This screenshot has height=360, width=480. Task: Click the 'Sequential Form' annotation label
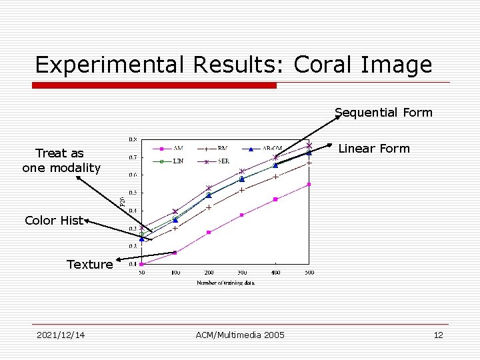coord(383,113)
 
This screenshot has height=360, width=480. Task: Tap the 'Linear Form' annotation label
coord(373,149)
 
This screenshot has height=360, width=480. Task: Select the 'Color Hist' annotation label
coord(53,221)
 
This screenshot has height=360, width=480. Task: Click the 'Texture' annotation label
coord(89,265)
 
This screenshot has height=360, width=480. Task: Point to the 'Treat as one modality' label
coord(61,161)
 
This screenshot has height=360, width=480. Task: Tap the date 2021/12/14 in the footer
coord(61,335)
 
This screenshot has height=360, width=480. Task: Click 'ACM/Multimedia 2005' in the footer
coord(240,335)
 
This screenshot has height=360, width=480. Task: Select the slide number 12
coord(438,335)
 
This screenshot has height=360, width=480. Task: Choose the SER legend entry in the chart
coord(216,161)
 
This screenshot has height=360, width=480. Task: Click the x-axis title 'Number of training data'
coord(225,283)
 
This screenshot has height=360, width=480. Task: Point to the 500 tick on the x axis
coord(309,273)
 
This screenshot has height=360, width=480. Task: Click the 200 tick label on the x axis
coord(209,273)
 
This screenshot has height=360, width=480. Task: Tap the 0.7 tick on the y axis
coord(133,157)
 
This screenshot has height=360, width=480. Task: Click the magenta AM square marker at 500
coord(309,185)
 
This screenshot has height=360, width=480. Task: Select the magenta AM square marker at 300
coord(242,215)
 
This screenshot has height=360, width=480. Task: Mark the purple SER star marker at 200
coord(209,188)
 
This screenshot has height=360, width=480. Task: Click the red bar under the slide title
coord(155,85)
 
